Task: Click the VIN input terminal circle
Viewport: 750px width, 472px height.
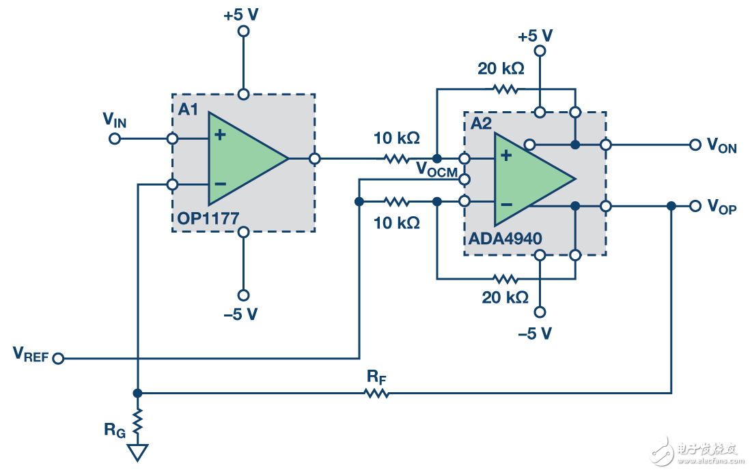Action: coord(115,139)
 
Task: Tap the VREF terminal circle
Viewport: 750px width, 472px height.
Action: coord(58,358)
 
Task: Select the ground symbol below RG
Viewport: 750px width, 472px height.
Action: coord(137,452)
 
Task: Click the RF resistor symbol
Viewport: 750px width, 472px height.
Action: coord(376,393)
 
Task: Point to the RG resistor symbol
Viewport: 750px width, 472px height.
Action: coord(137,422)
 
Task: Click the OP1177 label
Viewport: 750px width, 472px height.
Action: coord(208,219)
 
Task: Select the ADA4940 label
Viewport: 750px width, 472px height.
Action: coord(505,239)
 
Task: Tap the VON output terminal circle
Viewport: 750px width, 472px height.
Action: coord(695,145)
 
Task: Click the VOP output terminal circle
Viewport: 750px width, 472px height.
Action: coord(695,206)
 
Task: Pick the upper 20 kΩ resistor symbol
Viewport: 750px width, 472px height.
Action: coord(505,89)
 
